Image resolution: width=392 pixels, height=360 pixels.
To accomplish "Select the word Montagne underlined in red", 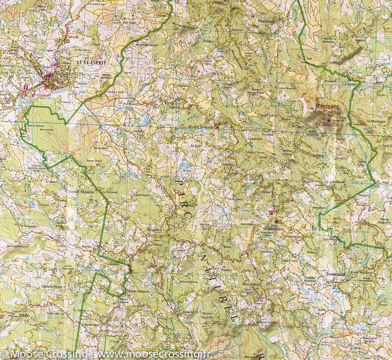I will point(327,106).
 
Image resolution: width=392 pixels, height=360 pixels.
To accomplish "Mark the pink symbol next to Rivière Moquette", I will point(217,126).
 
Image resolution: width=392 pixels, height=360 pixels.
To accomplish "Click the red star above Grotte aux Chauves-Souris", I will point(276,222).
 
